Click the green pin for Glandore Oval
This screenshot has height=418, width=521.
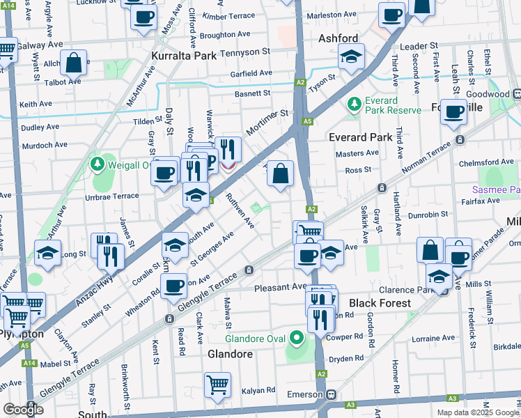pos(297,339)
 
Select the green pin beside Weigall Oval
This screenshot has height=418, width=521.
pos(98,165)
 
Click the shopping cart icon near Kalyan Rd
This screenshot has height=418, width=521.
pos(218,384)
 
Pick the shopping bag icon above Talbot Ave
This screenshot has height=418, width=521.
pos(73,63)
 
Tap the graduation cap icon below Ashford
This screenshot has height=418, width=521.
pos(352,56)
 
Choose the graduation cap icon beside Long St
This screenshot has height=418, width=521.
pos(48,254)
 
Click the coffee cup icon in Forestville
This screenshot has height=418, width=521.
pos(453,111)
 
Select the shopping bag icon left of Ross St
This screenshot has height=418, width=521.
pos(280,174)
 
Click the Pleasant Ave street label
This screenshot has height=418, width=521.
pos(280,287)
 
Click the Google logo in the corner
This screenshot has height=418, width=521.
pos(23,410)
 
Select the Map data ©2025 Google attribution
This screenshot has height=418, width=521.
pos(477,412)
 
